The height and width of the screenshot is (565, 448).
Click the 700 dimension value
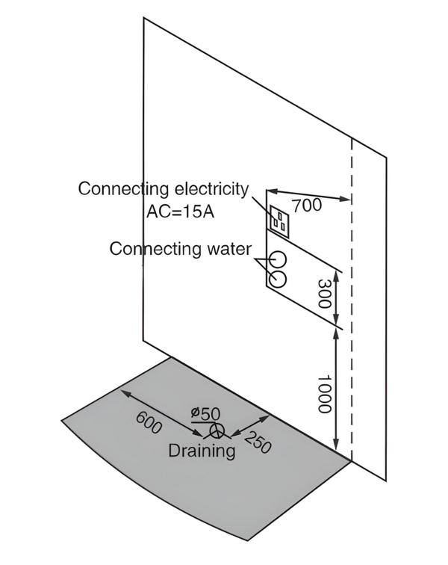307,205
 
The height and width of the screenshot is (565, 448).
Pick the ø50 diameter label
205,413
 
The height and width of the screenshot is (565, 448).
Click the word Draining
202,451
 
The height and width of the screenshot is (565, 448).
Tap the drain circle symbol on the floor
217,430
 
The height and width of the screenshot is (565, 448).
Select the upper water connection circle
277,259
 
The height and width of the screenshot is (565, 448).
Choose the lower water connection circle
277,280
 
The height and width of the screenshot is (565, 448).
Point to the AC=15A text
180,212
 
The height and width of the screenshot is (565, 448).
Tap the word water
228,248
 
